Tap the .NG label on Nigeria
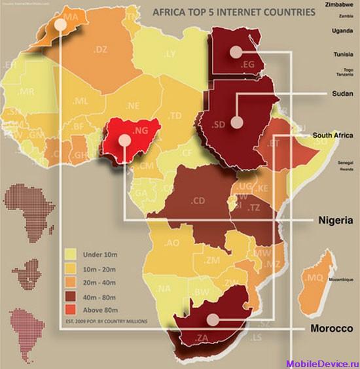click(x=141, y=132)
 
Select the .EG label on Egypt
click(x=247, y=64)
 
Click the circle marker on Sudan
click(x=236, y=122)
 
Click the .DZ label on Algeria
click(x=100, y=49)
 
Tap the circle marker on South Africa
click(x=212, y=319)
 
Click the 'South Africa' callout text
click(x=334, y=136)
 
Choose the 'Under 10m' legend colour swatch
click(x=71, y=254)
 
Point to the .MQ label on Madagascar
click(x=315, y=278)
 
